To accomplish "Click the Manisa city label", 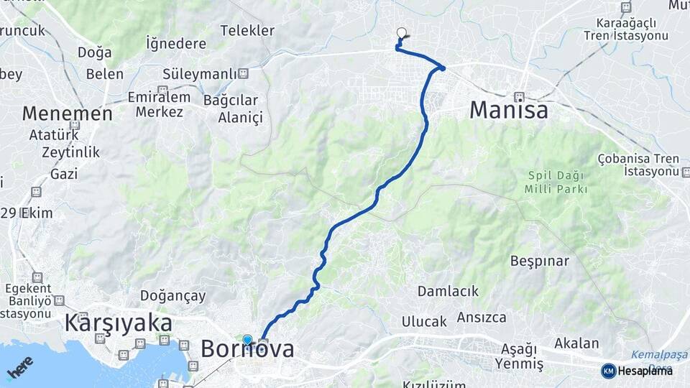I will [x=509, y=110].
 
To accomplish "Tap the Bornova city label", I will [x=247, y=349].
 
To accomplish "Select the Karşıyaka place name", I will [x=118, y=323].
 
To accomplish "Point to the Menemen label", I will [x=67, y=114].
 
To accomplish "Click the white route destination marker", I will [x=402, y=32].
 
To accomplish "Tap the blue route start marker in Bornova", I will [x=247, y=339].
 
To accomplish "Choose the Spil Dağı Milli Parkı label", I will [x=557, y=182].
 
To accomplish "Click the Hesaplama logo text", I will [x=645, y=371].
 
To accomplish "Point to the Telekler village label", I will [x=247, y=30].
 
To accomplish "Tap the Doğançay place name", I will [x=172, y=295].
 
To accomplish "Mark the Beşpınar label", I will [x=539, y=260].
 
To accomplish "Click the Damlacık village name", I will [x=448, y=291].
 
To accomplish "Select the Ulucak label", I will [x=424, y=321].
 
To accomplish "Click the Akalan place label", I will [x=576, y=343].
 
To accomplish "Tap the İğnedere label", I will [x=176, y=44].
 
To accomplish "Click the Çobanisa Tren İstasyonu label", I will [x=637, y=165].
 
